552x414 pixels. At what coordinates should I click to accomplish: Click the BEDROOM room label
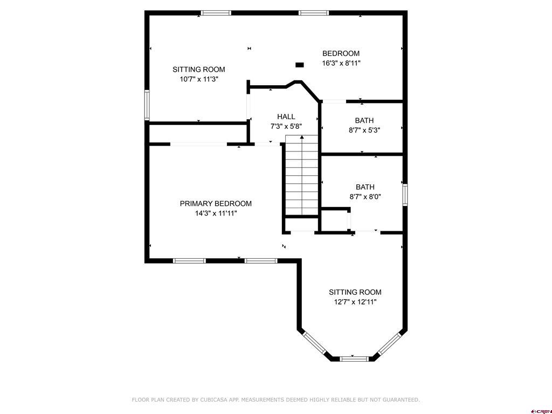[x=341, y=53]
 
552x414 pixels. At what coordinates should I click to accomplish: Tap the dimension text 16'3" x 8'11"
[x=341, y=63]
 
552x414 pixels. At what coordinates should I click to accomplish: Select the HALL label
[x=286, y=116]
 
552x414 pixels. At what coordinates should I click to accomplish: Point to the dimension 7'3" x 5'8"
[x=286, y=127]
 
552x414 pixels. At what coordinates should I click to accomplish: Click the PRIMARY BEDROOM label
[x=216, y=203]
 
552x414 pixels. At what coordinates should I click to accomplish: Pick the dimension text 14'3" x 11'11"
[x=216, y=213]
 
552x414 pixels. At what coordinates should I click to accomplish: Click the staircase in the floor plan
[x=302, y=175]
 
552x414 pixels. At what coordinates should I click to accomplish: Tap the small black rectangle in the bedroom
[x=300, y=65]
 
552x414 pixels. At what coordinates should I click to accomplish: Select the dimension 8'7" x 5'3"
[x=364, y=130]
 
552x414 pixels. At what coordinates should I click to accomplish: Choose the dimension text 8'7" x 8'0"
[x=365, y=197]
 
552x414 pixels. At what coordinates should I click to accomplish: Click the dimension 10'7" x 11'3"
[x=199, y=79]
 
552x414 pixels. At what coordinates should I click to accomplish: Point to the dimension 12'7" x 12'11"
[x=355, y=302]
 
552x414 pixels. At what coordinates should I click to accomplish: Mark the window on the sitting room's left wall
[x=146, y=104]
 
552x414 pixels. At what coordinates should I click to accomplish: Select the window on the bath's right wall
[x=405, y=195]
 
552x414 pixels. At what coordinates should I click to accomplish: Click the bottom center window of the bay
[x=354, y=357]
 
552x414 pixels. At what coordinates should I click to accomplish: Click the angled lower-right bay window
[x=390, y=343]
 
